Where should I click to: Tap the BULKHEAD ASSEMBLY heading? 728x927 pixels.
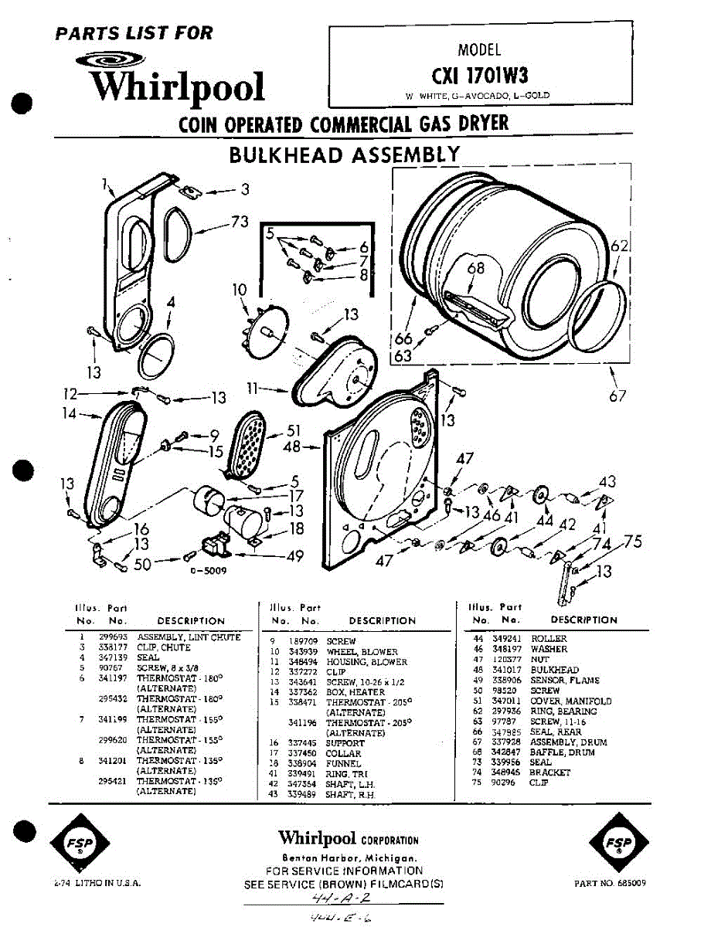(344, 154)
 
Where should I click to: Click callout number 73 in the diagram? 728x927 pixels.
(240, 222)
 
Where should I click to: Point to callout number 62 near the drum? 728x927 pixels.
(620, 247)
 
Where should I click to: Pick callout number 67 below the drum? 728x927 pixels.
(617, 396)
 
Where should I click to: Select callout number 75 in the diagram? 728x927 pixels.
(633, 542)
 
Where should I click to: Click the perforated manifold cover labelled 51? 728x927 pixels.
(244, 445)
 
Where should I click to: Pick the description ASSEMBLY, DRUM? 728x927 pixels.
(568, 742)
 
